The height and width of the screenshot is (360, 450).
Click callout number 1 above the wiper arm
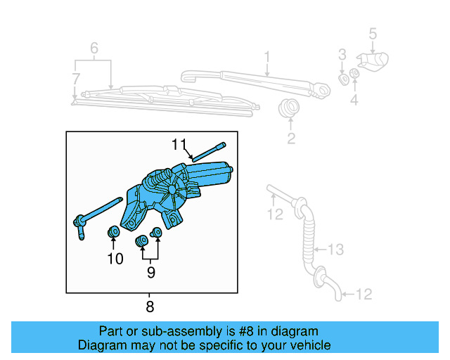[267, 56]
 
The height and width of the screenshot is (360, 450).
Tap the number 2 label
[291, 139]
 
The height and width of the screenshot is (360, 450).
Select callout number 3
[342, 54]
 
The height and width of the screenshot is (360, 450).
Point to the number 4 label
[354, 100]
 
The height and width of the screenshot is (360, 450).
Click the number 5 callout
[373, 32]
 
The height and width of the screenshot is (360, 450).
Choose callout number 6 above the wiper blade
[94, 49]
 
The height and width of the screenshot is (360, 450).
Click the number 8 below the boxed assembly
[150, 306]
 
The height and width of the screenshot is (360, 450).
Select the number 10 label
[115, 259]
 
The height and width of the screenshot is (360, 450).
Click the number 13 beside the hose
[336, 248]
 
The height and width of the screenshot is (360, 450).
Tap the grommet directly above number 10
[112, 232]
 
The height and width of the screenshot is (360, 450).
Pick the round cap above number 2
[288, 109]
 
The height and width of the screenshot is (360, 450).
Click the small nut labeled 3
[343, 77]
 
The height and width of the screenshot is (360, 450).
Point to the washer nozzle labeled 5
[375, 62]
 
